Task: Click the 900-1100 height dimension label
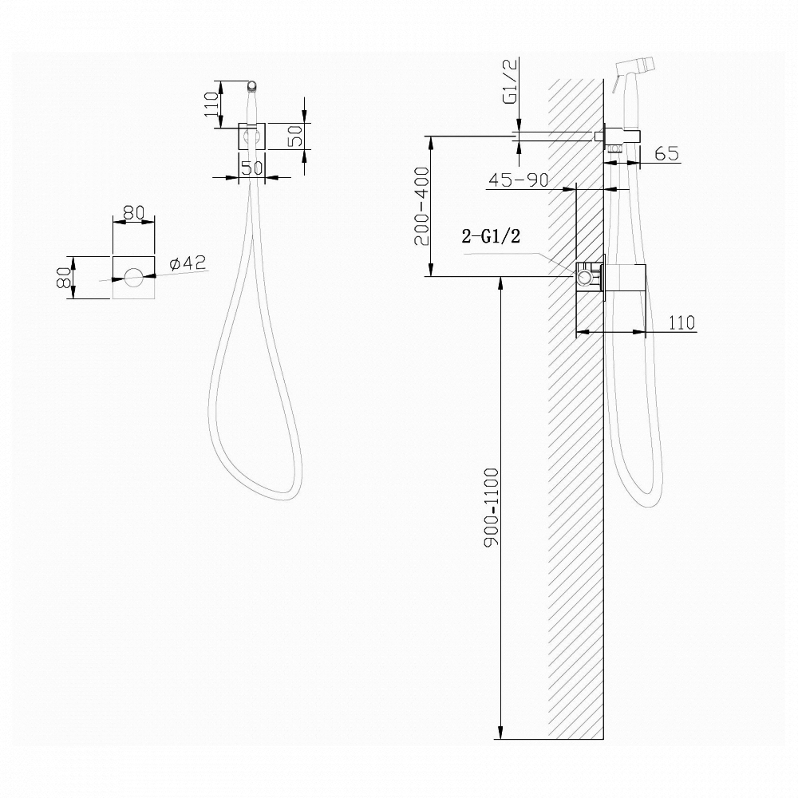[492, 508]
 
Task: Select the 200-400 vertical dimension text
[422, 206]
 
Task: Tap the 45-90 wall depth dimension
[519, 180]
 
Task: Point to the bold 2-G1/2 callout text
[491, 236]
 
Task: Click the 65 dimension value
[667, 153]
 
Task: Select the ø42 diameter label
[188, 263]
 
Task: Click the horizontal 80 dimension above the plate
[134, 212]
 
